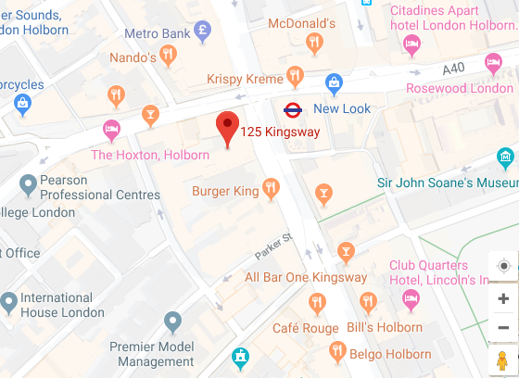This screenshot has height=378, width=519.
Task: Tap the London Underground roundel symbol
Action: point(293,108)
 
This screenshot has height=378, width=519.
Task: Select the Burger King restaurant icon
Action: point(271,190)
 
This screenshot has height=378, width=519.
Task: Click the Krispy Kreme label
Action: point(245,80)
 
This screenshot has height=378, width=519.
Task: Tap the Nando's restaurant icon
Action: point(168,57)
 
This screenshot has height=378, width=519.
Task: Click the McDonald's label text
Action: point(300,23)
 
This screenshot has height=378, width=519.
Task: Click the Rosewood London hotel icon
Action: point(494,63)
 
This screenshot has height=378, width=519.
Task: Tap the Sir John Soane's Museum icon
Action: point(505,158)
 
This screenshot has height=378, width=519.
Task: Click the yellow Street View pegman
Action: point(502,359)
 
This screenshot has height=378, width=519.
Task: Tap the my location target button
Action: point(503,267)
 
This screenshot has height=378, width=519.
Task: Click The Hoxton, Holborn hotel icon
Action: point(112,130)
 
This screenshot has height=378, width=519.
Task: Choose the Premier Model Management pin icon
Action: point(172,321)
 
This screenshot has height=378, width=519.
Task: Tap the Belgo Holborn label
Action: point(390,354)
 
